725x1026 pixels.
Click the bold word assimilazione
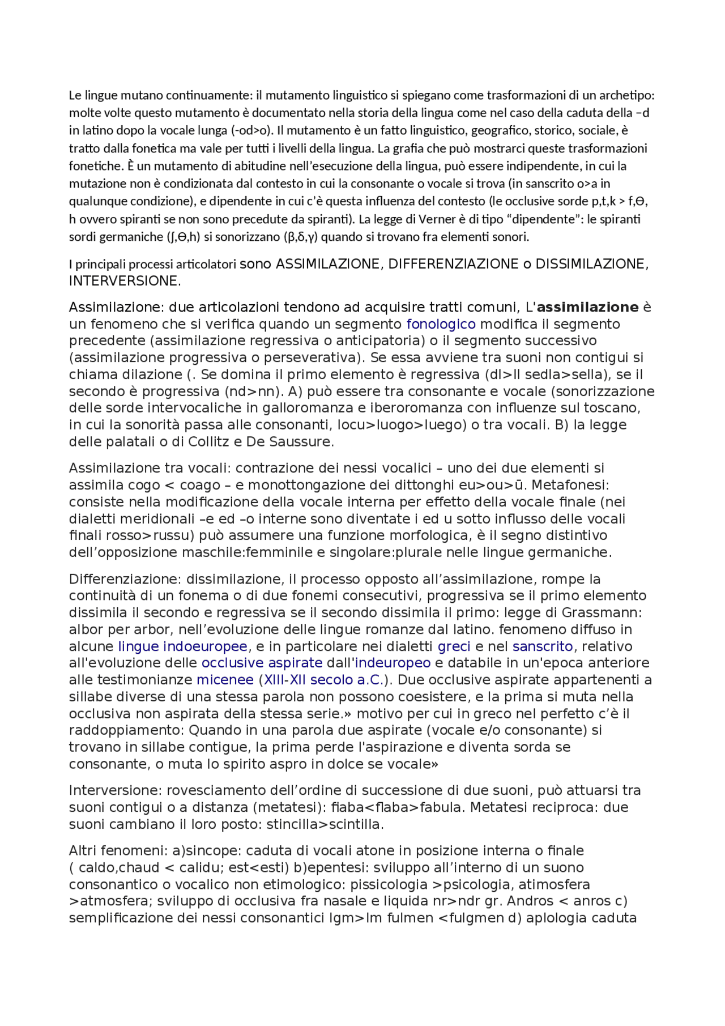(587, 308)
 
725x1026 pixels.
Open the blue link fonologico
(441, 325)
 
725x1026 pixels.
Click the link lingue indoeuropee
(182, 646)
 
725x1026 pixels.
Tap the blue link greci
(454, 646)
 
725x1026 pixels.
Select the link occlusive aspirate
(262, 663)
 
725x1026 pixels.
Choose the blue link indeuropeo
(393, 663)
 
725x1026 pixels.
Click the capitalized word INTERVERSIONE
(123, 281)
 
